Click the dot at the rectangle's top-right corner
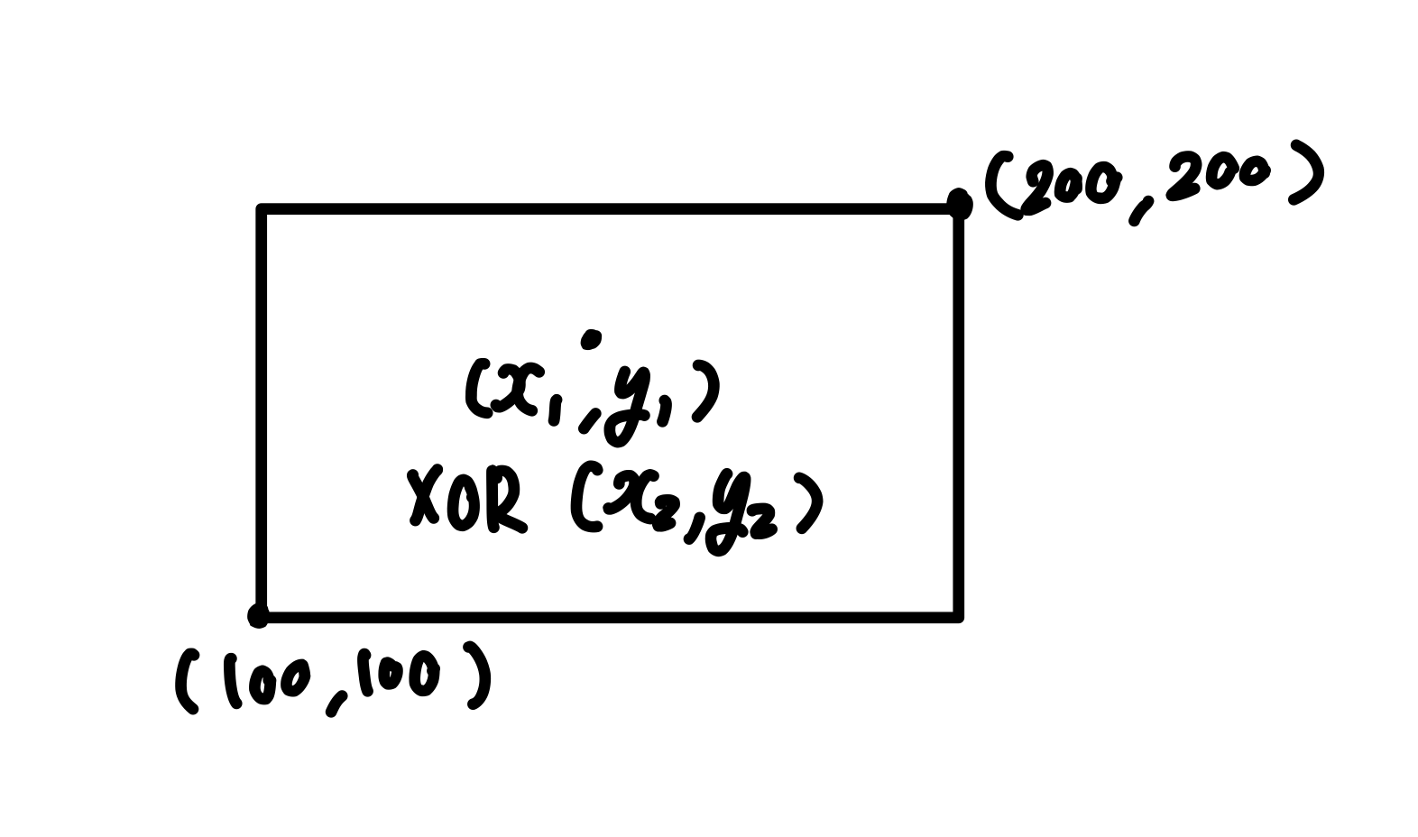(x=959, y=204)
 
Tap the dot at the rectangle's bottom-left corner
(x=258, y=616)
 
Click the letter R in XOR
(x=504, y=500)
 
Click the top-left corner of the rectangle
(x=262, y=210)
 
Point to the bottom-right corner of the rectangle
(x=958, y=617)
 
